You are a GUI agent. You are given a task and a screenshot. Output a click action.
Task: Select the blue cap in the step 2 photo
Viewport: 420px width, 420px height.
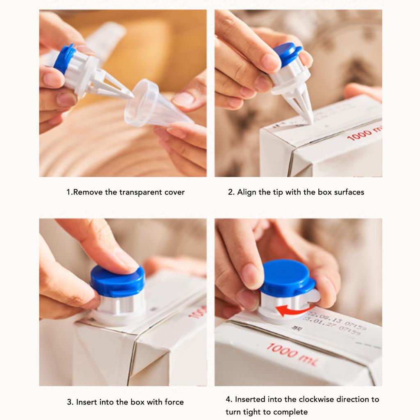287,53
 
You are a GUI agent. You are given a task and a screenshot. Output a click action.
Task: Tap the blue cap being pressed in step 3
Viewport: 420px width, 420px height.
117,281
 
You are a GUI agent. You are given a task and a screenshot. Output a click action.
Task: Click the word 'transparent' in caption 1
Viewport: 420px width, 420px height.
141,192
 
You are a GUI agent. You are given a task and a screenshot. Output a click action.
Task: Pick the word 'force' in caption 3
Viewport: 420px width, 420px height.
173,402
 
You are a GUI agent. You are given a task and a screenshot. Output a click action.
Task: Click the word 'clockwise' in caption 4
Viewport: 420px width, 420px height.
317,399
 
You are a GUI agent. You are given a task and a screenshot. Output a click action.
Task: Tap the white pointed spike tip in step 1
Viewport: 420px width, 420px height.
130,96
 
